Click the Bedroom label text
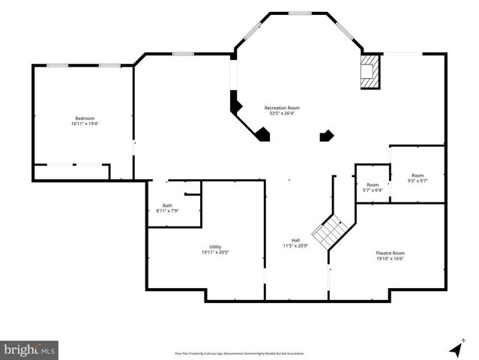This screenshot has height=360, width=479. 85,118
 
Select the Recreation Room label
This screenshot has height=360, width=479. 282,108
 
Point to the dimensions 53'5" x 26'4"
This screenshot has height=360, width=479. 282,113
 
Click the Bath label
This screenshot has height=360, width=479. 167,205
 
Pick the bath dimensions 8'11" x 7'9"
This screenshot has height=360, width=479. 167,211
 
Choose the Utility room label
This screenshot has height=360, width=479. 215,247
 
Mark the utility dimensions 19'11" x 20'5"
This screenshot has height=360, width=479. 215,252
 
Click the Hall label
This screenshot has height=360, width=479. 295,240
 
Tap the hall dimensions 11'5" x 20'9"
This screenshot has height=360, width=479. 295,245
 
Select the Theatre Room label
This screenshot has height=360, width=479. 390,253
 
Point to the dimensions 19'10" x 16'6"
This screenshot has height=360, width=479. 390,258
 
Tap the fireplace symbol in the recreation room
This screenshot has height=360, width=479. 370,72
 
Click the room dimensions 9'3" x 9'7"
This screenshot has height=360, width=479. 418,181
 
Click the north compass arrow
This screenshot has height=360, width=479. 454,349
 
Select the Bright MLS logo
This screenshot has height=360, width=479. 29,349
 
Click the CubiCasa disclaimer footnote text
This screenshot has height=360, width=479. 239,352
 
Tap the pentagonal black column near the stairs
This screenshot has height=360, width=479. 326,136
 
